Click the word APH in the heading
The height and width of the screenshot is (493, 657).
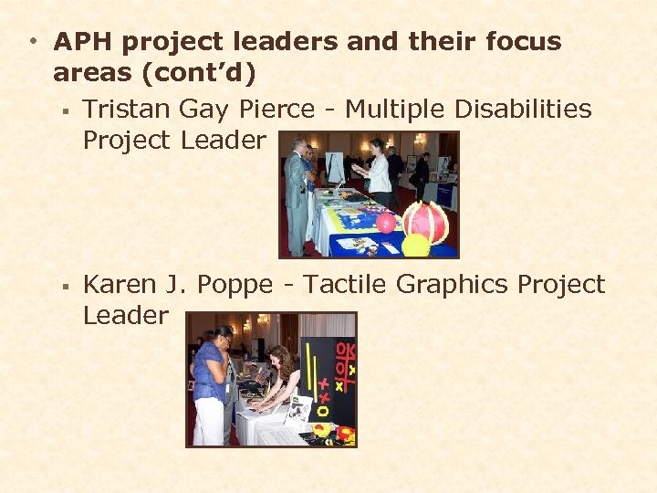pos(83,42)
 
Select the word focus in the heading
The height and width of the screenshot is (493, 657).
pos(514,42)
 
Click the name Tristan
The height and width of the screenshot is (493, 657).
pos(126,110)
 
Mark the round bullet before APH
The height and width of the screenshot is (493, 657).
pos(32,42)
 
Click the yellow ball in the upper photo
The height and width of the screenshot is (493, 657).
pos(415,245)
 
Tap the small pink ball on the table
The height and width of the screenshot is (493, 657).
pos(386,223)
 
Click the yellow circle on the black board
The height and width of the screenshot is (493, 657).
pos(320,428)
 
